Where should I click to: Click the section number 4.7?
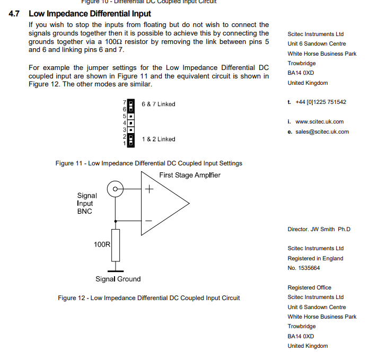pyautogui.click(x=15, y=14)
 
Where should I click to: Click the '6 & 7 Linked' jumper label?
pyautogui.click(x=158, y=104)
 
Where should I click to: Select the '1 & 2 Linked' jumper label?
pyautogui.click(x=158, y=139)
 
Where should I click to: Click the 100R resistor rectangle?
pyautogui.click(x=115, y=245)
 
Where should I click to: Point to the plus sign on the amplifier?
pyautogui.click(x=150, y=189)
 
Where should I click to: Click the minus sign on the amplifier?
pyautogui.click(x=150, y=221)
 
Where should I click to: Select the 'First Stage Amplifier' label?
pyautogui.click(x=189, y=175)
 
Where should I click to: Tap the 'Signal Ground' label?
pyautogui.click(x=118, y=279)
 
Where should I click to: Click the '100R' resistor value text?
pyautogui.click(x=102, y=244)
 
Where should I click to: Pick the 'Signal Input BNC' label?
pyautogui.click(x=87, y=203)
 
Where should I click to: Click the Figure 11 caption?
pyautogui.click(x=148, y=163)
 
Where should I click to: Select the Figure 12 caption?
pyautogui.click(x=148, y=298)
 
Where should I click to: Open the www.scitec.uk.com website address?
pyautogui.click(x=319, y=122)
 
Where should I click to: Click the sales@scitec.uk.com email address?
pyautogui.click(x=322, y=132)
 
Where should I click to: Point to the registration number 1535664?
pyautogui.click(x=308, y=268)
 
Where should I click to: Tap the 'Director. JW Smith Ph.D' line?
pyautogui.click(x=319, y=230)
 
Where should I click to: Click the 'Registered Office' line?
pyautogui.click(x=309, y=288)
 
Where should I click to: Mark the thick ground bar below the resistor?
pyautogui.click(x=115, y=270)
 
